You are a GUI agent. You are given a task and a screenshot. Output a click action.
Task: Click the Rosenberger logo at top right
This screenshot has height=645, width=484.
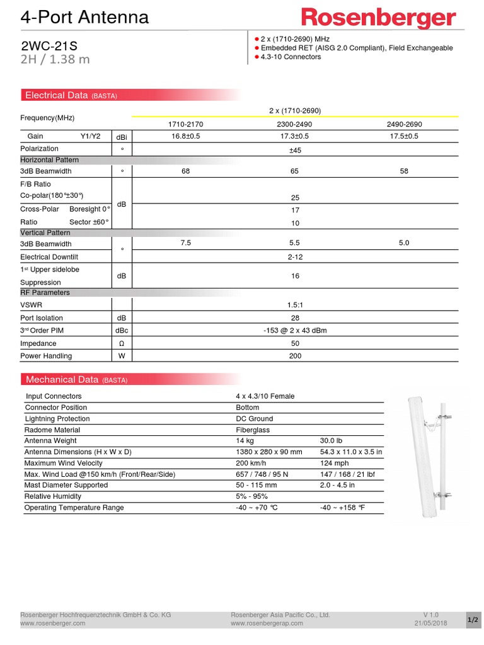pos(378,18)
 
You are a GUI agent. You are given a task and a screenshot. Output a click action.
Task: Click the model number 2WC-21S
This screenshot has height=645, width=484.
pos(42,46)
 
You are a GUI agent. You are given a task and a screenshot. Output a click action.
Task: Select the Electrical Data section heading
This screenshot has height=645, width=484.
pos(57,95)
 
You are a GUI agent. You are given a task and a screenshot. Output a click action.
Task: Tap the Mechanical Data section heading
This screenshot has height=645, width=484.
pos(62,379)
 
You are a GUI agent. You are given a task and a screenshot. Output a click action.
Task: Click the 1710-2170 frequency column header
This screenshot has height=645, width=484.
pos(185,124)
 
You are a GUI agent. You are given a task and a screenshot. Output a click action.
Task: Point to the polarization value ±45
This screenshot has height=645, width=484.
pos(294,150)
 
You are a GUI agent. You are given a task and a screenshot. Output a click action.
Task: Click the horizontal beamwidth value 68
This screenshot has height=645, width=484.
pos(185,171)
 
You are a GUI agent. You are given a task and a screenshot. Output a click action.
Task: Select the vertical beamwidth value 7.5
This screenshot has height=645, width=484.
pos(185,243)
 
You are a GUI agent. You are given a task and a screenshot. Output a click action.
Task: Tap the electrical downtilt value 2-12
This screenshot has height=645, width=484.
pos(294,257)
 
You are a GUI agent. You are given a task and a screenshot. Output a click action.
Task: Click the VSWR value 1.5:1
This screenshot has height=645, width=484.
pos(294,305)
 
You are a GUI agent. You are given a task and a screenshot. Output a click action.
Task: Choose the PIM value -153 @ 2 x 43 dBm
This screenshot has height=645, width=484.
pos(294,331)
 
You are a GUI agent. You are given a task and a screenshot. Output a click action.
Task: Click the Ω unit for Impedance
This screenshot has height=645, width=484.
pos(122,343)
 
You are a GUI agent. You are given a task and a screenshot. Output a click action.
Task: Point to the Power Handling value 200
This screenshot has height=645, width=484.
pos(294,356)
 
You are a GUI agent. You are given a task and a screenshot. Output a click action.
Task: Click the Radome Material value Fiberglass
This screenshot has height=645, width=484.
pos(253,430)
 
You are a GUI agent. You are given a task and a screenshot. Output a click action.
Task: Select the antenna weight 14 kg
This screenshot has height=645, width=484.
pos(245,441)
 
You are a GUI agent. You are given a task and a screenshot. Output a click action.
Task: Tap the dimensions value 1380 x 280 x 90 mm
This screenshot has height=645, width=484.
pos(269,452)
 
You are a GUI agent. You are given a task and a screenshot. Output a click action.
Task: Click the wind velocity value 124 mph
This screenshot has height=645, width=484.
pos(334,463)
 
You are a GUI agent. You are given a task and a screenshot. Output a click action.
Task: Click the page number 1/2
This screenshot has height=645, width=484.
pos(472,620)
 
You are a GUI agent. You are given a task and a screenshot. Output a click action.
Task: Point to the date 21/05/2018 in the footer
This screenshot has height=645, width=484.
pos(430,623)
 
